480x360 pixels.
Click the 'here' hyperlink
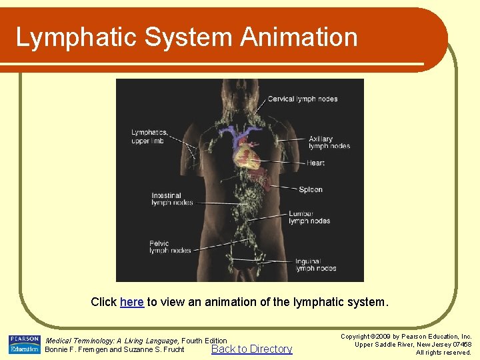(131, 302)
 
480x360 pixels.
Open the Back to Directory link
(251, 349)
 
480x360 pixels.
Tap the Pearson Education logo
(25, 344)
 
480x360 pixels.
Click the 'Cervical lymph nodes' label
(303, 99)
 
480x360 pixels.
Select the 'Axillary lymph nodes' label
(329, 143)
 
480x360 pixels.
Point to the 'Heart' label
(315, 163)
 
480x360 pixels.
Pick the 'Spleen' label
(310, 190)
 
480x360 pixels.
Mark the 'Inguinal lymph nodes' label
(315, 265)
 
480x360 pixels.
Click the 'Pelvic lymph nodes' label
(169, 247)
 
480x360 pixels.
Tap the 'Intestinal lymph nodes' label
(172, 199)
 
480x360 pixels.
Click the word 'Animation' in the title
(299, 37)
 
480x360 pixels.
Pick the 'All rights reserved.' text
(443, 352)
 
